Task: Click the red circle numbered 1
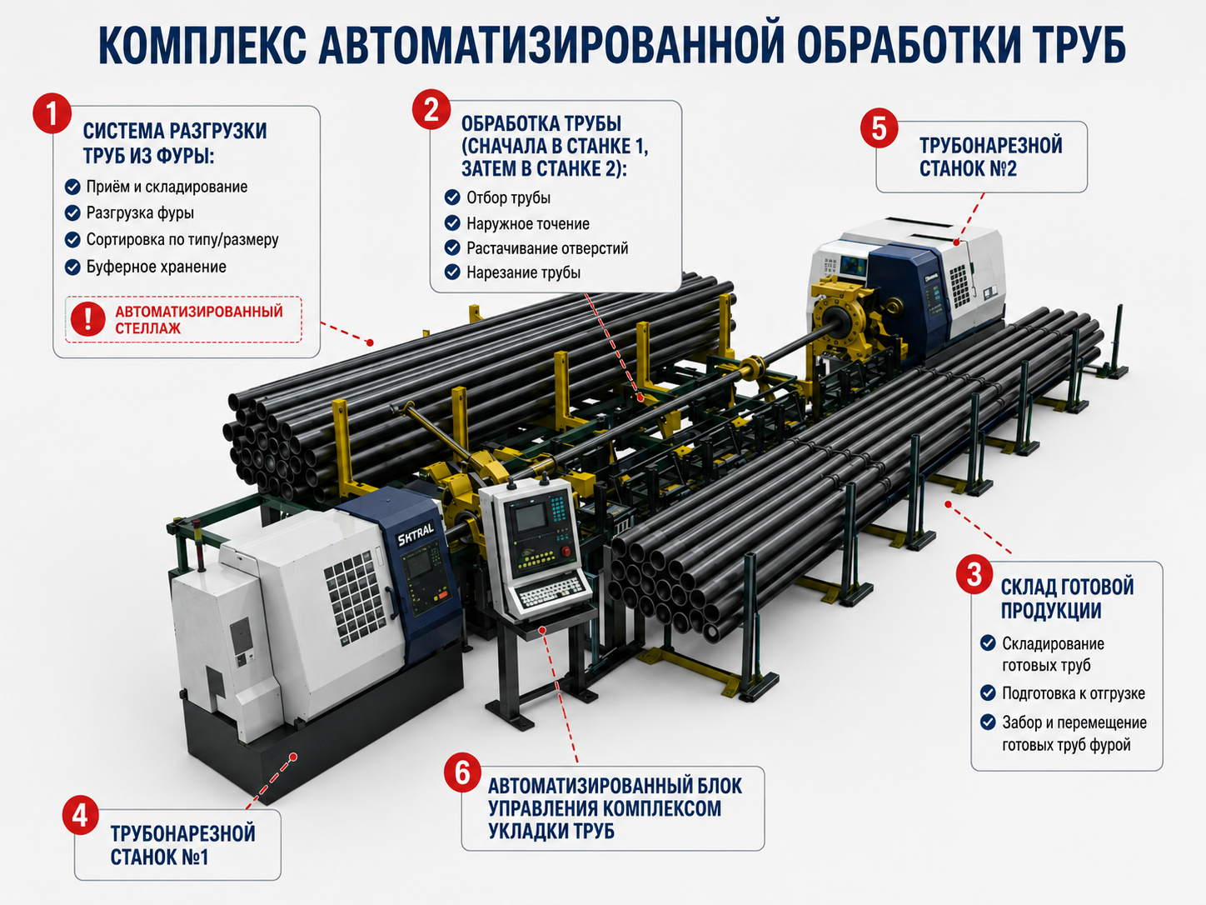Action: point(52,113)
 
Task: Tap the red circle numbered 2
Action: point(431,109)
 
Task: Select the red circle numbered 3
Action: point(974,575)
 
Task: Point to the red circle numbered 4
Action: point(80,816)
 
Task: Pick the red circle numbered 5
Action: point(879,128)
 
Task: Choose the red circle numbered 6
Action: point(462,773)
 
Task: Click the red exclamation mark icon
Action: point(88,319)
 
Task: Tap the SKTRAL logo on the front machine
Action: point(416,533)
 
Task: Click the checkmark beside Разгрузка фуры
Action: point(72,212)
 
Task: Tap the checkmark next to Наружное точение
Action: point(452,223)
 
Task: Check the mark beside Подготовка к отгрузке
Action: point(988,692)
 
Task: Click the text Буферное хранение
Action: point(156,267)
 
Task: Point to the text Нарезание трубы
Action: point(523,272)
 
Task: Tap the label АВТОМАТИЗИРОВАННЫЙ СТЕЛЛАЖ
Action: point(198,320)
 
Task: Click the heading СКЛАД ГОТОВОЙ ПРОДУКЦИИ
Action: point(1067,599)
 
